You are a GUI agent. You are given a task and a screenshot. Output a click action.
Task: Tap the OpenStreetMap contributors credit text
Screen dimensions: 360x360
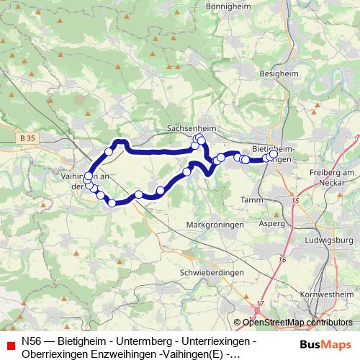point(293,323)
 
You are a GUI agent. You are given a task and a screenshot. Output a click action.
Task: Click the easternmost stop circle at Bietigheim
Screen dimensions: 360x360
point(274,153)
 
